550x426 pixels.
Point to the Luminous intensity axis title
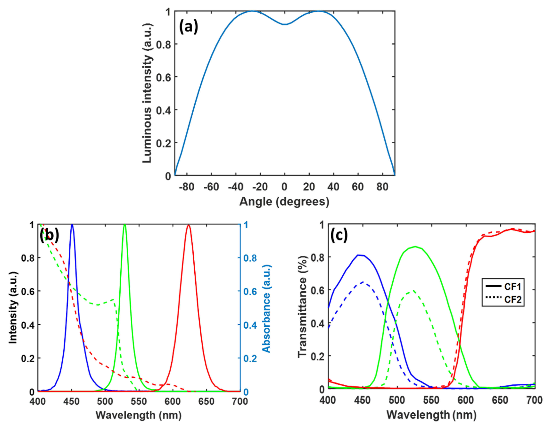pos(147,93)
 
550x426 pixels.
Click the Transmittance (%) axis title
pos(302,307)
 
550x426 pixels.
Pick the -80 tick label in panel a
pos(187,187)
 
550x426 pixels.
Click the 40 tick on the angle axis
pos(333,187)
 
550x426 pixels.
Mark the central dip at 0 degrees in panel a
pos(284,24)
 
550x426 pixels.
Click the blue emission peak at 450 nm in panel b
pos(72,225)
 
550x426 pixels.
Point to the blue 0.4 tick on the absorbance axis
pos(250,325)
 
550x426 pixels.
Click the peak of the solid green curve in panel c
pos(415,247)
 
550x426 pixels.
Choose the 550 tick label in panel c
pos(431,400)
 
